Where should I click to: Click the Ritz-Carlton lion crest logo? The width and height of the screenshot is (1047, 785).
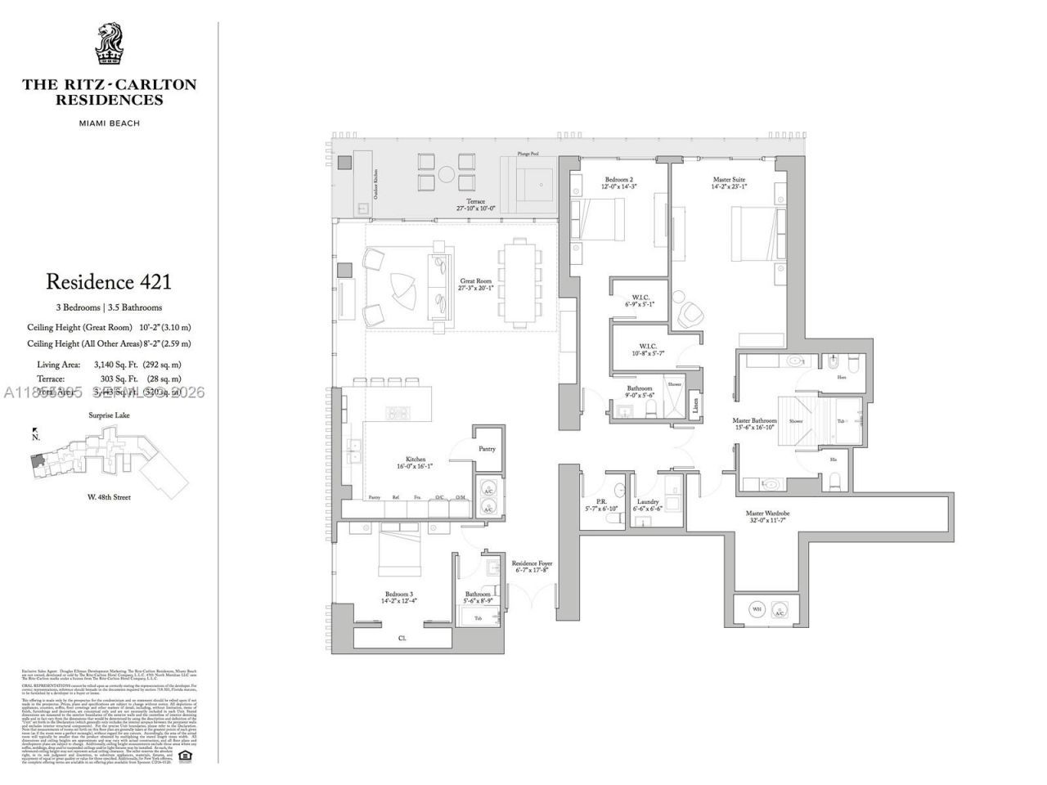click(109, 46)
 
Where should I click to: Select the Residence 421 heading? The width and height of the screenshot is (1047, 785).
click(109, 282)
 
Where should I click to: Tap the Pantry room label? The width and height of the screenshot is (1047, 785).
click(487, 449)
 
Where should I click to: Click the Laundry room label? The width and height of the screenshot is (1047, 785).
click(647, 502)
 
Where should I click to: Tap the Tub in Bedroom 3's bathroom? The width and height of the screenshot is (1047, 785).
click(478, 619)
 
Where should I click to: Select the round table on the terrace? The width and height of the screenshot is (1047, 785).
click(447, 173)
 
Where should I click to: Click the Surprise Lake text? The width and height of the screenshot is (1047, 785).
click(109, 415)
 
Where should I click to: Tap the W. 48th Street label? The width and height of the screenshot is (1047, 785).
click(109, 496)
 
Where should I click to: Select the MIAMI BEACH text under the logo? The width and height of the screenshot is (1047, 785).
click(109, 123)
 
